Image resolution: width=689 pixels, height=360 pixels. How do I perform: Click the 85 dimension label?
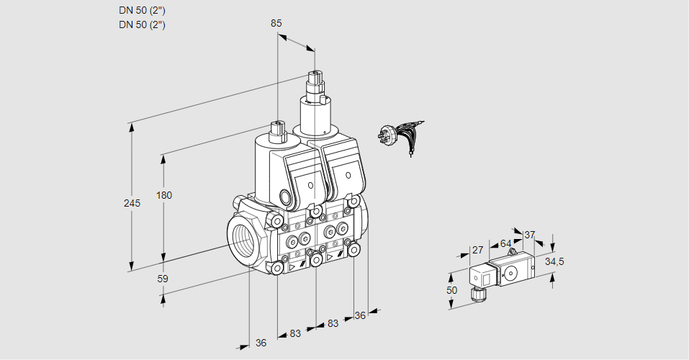coord(276,23)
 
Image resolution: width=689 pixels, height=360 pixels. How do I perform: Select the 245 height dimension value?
coord(132,203)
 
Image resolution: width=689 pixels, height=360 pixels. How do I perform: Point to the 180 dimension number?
coord(165,195)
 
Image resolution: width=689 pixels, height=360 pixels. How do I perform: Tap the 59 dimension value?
coord(163,279)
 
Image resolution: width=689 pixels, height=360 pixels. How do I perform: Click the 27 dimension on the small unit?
coord(477,250)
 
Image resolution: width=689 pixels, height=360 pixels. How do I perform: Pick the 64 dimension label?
coord(505,243)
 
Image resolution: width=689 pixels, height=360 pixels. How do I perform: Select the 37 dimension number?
coord(530,235)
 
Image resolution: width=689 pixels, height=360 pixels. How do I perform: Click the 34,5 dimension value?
coord(554,261)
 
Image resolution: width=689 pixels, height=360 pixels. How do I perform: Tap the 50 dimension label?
coord(451,289)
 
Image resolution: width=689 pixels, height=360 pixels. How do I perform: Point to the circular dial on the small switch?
coord(510,272)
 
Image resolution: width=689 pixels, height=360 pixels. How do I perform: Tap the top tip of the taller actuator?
coord(314,74)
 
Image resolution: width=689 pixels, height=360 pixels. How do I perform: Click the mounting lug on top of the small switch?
coord(511,253)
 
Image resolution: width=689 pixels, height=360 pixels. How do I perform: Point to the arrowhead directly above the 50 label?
coord(451,276)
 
